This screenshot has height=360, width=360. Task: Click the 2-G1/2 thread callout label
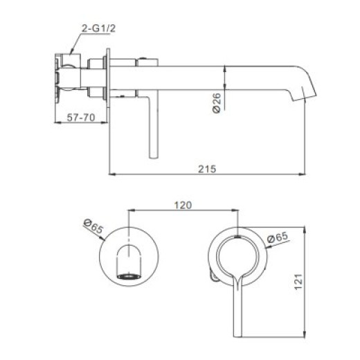tap(98, 28)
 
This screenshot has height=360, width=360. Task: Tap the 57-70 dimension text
tap(81, 118)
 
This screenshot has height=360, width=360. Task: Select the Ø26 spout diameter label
tap(217, 103)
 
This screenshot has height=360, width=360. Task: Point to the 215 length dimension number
tap(207, 169)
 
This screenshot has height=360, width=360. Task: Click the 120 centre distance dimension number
tap(183, 205)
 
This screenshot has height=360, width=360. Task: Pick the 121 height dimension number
tap(298, 281)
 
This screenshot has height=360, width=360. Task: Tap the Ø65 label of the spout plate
tap(93, 226)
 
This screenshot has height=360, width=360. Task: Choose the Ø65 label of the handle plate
tap(278, 237)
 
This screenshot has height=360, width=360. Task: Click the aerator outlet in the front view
tap(129, 276)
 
